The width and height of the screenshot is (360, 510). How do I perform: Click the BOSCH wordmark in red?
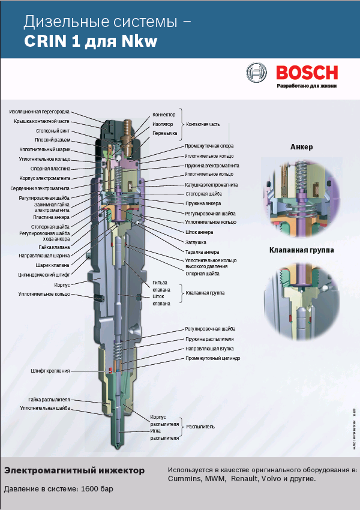(x=307, y=73)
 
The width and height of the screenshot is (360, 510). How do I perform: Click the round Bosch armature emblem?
(x=257, y=73)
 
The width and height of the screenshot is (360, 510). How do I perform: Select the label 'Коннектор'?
(x=164, y=114)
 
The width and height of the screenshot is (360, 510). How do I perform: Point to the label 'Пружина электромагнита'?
(x=212, y=165)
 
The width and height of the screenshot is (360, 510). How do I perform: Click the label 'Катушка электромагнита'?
(x=211, y=185)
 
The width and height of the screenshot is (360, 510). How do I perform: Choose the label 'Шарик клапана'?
(x=52, y=265)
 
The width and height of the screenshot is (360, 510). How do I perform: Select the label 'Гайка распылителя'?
(x=49, y=399)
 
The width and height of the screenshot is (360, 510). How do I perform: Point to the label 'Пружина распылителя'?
(x=208, y=339)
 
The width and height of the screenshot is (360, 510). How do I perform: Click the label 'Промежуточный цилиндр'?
(x=212, y=358)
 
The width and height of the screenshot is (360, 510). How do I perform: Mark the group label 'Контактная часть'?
(x=203, y=124)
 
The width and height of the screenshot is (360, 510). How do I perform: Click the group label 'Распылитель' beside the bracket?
(x=200, y=427)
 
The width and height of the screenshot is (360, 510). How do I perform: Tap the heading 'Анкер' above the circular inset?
(x=301, y=146)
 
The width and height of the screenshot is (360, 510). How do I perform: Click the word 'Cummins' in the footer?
(x=184, y=479)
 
